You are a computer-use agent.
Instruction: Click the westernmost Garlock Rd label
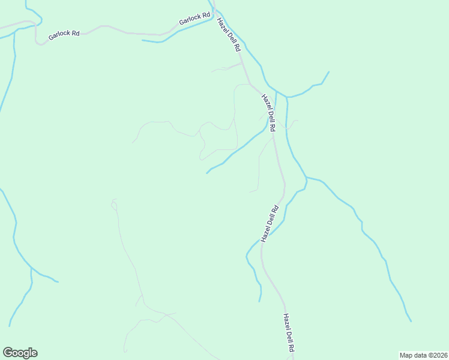coord(64,34)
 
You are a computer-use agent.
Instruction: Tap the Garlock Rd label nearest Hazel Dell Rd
coord(194,19)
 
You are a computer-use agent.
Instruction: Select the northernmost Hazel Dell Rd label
coord(229,35)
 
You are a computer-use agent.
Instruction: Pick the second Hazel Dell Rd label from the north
coord(268,113)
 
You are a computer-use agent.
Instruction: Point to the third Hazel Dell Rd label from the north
coord(271,224)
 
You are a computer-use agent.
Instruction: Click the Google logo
coord(20,353)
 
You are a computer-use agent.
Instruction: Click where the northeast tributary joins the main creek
coord(287,97)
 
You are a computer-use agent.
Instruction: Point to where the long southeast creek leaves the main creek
coord(307,178)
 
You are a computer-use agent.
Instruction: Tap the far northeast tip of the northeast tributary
coord(329,72)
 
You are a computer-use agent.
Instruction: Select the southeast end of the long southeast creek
coord(411,321)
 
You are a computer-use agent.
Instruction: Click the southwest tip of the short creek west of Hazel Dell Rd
coord(207,173)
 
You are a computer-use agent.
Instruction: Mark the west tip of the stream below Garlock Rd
coord(143,41)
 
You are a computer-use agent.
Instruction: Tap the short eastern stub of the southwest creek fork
coord(58,281)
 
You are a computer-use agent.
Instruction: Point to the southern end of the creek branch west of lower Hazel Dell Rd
coord(259,301)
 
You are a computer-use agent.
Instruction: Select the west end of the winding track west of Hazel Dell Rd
coord(133,142)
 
